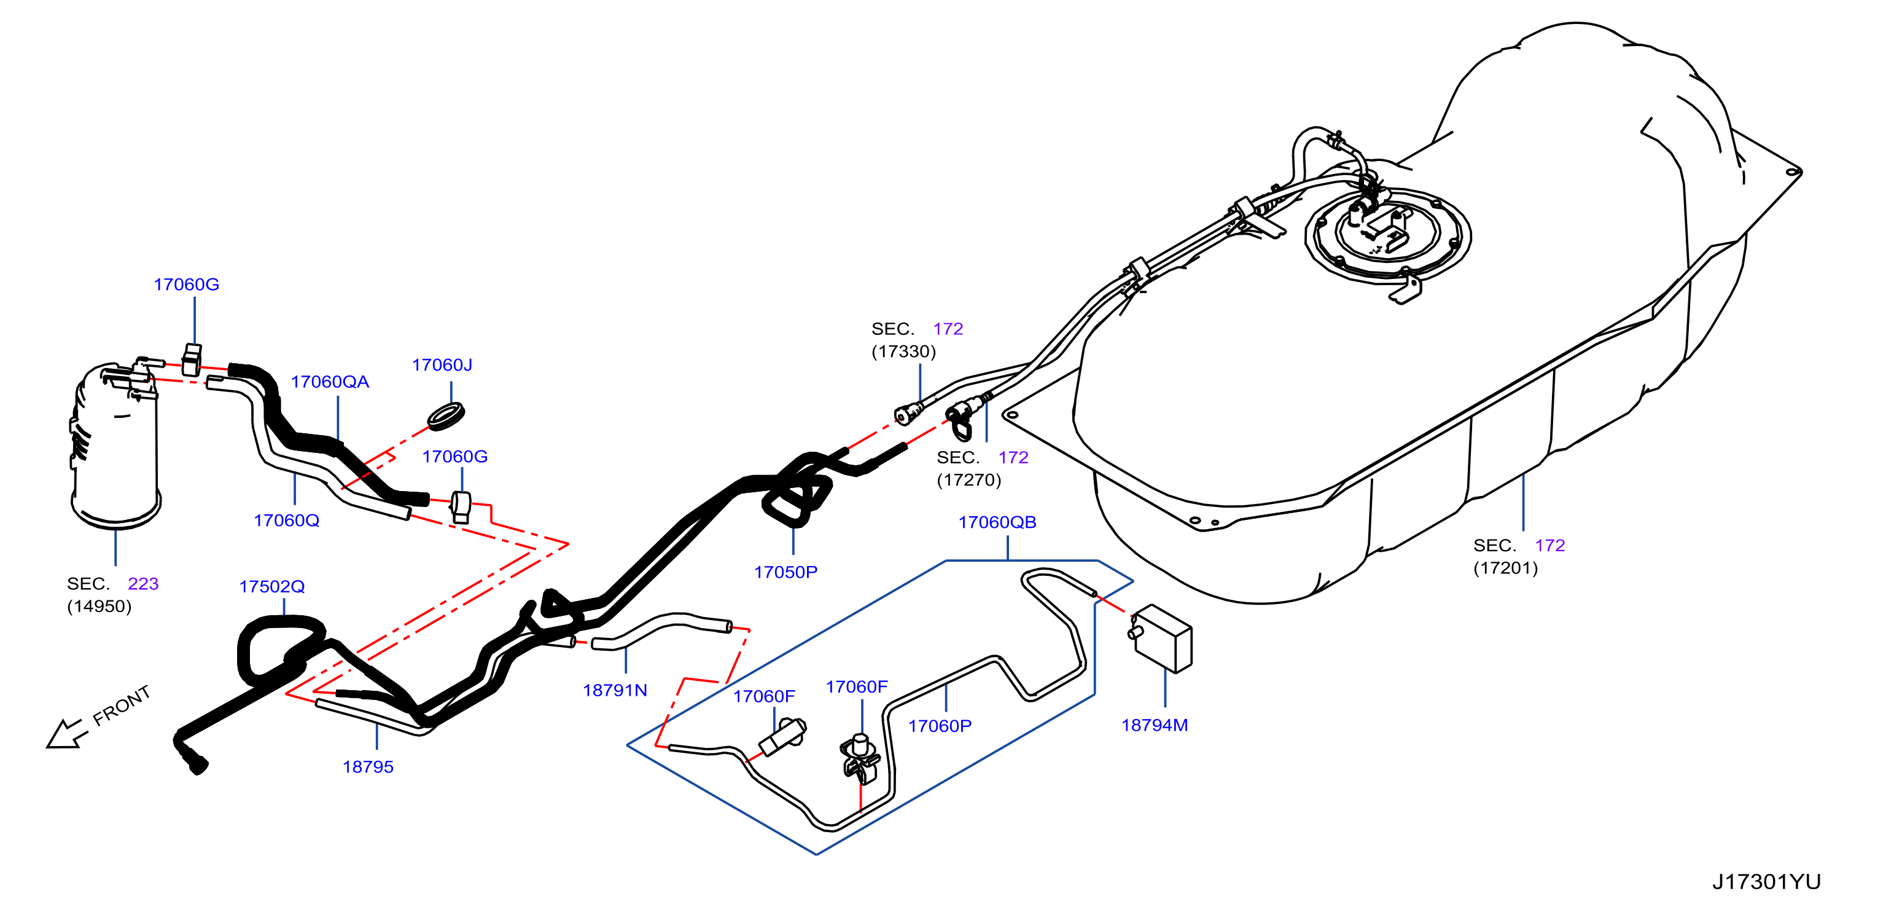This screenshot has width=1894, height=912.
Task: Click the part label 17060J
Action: (x=442, y=365)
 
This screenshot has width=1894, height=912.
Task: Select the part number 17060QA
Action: (x=330, y=382)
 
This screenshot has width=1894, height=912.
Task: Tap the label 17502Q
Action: (x=272, y=586)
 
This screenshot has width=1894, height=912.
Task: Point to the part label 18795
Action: (x=368, y=766)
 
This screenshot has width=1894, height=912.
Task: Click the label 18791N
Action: (x=615, y=690)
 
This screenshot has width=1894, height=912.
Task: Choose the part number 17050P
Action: (x=786, y=572)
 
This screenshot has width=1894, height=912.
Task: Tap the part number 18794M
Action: (x=1155, y=725)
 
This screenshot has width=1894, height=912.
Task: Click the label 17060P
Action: (x=940, y=726)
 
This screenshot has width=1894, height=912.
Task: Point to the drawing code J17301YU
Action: (x=1767, y=881)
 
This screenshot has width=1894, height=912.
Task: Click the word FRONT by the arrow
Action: (x=122, y=706)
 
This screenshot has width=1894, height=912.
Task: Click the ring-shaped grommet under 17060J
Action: (x=446, y=415)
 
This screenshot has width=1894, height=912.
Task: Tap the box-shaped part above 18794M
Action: (x=1161, y=638)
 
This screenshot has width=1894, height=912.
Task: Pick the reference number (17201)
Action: (x=1506, y=568)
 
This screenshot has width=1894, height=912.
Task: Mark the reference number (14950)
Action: (x=99, y=606)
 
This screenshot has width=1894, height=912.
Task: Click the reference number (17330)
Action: (x=903, y=351)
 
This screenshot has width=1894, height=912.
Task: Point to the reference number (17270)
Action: (x=969, y=479)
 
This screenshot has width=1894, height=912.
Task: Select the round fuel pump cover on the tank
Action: (x=1387, y=234)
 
